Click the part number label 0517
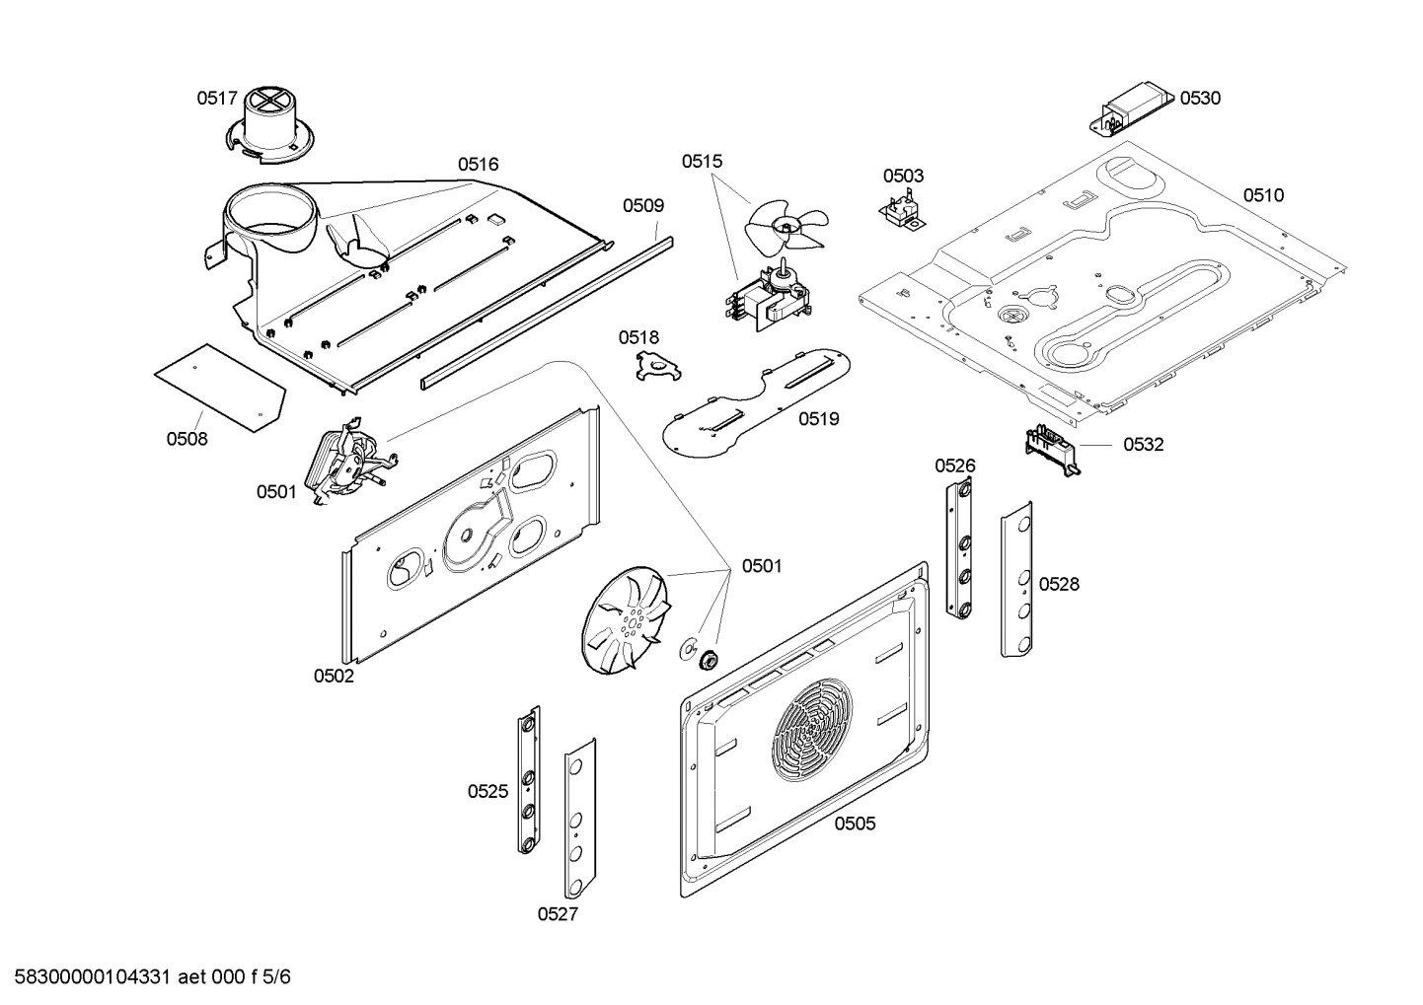point(216,98)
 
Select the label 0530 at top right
point(1200,98)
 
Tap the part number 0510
point(1263,195)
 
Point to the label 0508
point(187,439)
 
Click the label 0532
point(1143,445)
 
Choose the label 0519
point(819,419)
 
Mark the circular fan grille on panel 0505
point(814,730)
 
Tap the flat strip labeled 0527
point(580,821)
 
